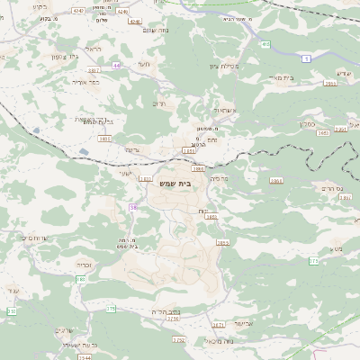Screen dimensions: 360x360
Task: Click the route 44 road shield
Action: point(117,66)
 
